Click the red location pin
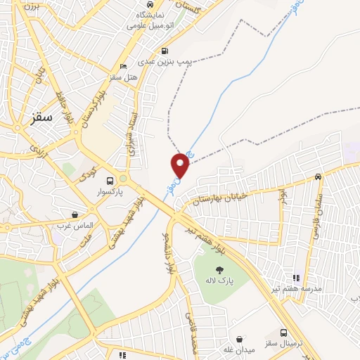tap(181, 165)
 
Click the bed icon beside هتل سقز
tap(124, 67)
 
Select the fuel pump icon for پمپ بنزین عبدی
tap(165, 51)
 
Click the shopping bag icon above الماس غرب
tap(75, 214)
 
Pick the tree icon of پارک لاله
tap(220, 269)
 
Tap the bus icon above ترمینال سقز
tap(283, 333)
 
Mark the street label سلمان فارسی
tap(317, 210)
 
